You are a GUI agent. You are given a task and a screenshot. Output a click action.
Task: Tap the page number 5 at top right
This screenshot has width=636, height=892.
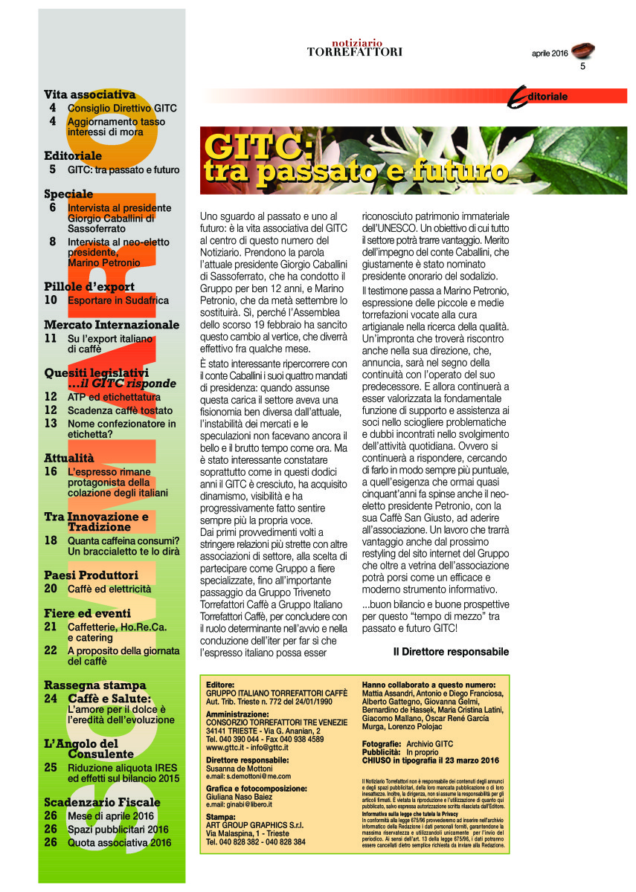pos(584,67)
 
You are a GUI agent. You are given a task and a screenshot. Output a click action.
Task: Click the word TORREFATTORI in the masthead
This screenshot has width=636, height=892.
pos(355,52)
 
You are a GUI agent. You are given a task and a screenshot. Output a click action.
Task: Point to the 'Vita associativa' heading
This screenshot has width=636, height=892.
pos(89,94)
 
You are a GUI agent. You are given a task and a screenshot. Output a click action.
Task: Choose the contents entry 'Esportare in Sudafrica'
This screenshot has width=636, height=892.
pos(118,300)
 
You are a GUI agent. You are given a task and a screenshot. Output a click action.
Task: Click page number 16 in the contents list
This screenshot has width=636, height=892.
pos(51,471)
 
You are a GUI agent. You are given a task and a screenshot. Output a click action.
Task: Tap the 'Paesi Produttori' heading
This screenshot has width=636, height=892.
pos(91,575)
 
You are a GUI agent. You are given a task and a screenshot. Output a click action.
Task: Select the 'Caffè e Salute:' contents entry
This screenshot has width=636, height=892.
pos(109,698)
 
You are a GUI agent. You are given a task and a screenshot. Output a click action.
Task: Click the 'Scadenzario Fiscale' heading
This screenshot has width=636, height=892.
pos(102,802)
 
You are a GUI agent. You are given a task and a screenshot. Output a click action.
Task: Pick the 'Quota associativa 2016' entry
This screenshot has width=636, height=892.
pos(119,842)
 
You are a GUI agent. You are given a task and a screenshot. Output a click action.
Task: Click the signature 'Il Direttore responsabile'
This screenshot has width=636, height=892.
pos(451,651)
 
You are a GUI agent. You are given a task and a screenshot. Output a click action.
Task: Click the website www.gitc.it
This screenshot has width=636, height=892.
pos(229,747)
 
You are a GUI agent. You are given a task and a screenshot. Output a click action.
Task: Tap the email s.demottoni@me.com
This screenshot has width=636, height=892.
pos(248,775)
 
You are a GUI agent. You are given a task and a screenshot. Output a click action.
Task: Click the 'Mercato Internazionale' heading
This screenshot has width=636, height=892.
pos(112,325)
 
